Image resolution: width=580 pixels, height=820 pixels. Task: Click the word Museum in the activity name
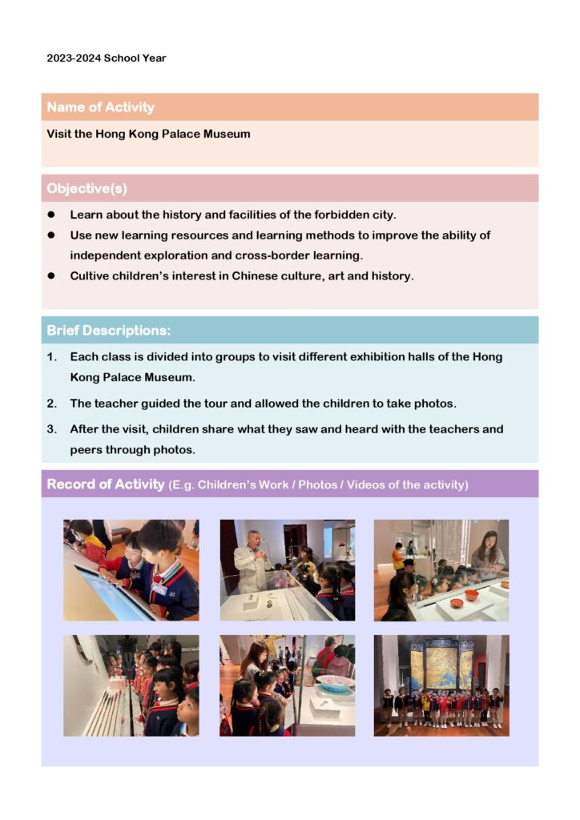226,134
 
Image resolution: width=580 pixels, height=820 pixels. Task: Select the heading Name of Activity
100,107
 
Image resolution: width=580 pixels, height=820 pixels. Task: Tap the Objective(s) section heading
87,189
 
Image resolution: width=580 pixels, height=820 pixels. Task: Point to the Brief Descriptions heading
108,331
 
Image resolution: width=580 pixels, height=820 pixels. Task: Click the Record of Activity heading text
105,484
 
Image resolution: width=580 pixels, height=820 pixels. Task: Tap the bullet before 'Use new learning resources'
50,235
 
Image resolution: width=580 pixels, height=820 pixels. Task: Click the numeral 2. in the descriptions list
51,404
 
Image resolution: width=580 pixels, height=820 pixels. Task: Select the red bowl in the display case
472,596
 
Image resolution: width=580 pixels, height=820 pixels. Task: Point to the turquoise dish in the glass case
336,683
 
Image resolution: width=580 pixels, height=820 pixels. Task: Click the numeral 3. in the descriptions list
51,429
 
